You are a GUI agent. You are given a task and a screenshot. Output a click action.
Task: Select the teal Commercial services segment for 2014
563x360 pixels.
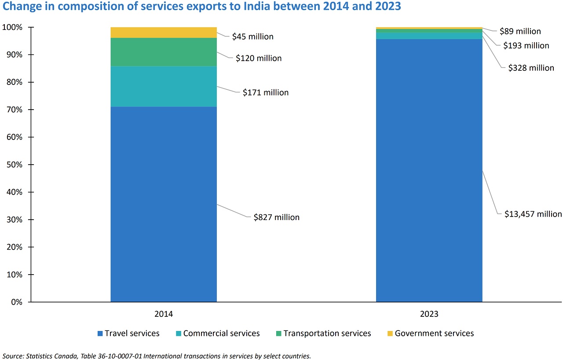coord(163,86)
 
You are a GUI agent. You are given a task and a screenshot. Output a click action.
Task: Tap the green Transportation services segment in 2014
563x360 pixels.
coord(163,52)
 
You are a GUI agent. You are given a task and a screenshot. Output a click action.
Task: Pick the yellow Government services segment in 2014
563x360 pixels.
coord(163,32)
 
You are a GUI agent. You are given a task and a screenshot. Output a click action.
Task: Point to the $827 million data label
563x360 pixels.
coord(276,217)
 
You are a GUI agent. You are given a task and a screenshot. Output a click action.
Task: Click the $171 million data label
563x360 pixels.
coord(266,93)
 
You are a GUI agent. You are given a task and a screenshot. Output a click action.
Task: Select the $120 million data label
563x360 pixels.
coord(259,58)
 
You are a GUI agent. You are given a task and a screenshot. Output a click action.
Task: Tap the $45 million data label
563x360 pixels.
coord(253,37)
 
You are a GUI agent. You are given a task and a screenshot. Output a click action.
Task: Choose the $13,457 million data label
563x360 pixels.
coord(533,214)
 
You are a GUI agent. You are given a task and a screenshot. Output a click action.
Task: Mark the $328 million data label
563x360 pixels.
coord(531,68)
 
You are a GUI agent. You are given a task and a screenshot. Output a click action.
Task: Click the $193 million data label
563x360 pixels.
coord(526,46)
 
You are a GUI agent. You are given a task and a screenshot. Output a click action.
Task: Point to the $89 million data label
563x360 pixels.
coord(520,31)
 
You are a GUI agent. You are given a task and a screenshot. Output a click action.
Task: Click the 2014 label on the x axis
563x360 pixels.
coord(164,315)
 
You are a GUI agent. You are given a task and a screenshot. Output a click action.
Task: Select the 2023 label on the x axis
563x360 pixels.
coord(429,315)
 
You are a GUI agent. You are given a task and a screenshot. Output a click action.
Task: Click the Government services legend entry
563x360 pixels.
coord(434,334)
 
